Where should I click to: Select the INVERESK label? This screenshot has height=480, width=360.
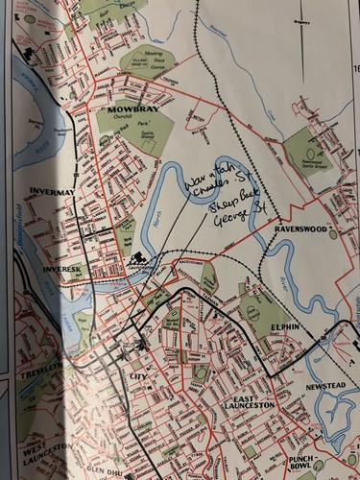63,270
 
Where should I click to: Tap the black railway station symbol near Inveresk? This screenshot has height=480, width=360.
135,257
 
